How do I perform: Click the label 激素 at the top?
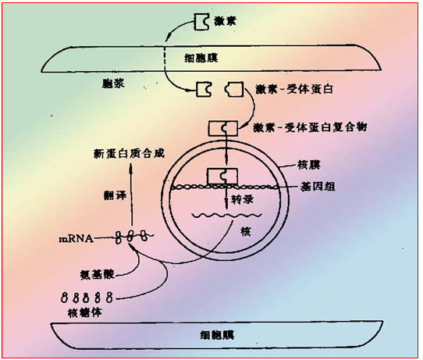225,21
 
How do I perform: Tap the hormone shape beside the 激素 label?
202,22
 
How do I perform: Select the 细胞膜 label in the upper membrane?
201,58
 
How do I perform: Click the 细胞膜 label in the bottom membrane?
218,335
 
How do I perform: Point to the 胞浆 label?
113,83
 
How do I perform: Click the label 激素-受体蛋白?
294,89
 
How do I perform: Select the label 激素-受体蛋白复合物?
311,127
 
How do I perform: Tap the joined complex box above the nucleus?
223,128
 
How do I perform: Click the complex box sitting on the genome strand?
222,176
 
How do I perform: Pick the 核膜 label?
309,164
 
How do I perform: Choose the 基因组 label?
318,187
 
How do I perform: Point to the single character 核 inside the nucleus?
246,231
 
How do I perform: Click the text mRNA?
76,239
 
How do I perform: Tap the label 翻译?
115,195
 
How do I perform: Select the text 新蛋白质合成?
129,153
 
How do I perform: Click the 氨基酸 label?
98,274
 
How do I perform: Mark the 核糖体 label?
85,312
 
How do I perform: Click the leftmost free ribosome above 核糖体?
65,297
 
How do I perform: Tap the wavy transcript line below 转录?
226,216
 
